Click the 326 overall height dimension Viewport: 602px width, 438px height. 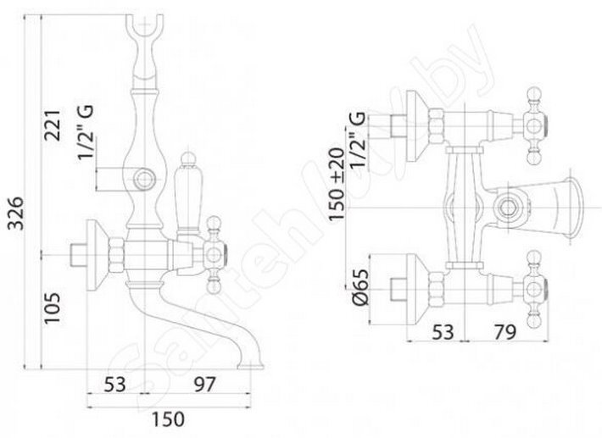pos(16,213)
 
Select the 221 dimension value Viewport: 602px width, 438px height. pos(53,125)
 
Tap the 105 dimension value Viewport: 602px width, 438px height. pos(53,308)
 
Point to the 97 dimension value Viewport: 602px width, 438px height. pos(203,385)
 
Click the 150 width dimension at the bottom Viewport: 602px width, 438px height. pos(168,419)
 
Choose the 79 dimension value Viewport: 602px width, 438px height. pos(504,332)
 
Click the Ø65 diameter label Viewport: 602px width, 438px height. pos(360,287)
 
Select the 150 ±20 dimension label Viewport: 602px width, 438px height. pos(337,184)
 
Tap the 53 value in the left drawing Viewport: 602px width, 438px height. pos(114,385)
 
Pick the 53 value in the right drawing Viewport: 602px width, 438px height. pos(443,332)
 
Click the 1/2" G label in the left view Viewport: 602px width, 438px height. pos(86,132)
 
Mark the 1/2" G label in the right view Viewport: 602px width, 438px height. pos(357,140)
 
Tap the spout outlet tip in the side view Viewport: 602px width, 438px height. pos(251,367)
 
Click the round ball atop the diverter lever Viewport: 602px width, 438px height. pos(187,158)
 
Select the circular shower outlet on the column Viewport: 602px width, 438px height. pos(144,179)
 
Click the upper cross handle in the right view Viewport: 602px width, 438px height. pos(534,126)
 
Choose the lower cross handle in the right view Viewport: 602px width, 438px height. pos(534,289)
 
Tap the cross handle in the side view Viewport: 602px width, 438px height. pos(214,254)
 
